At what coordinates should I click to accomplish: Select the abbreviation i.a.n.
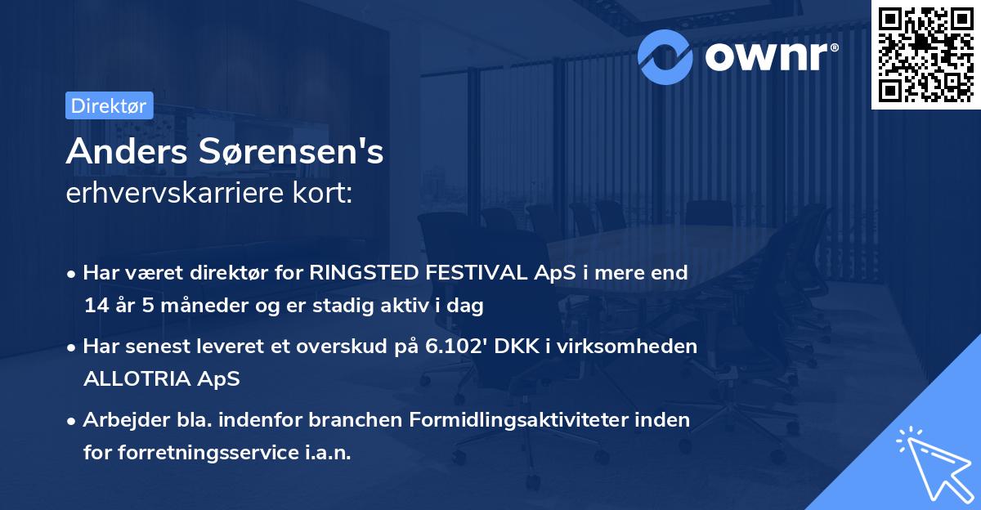point(326,454)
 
